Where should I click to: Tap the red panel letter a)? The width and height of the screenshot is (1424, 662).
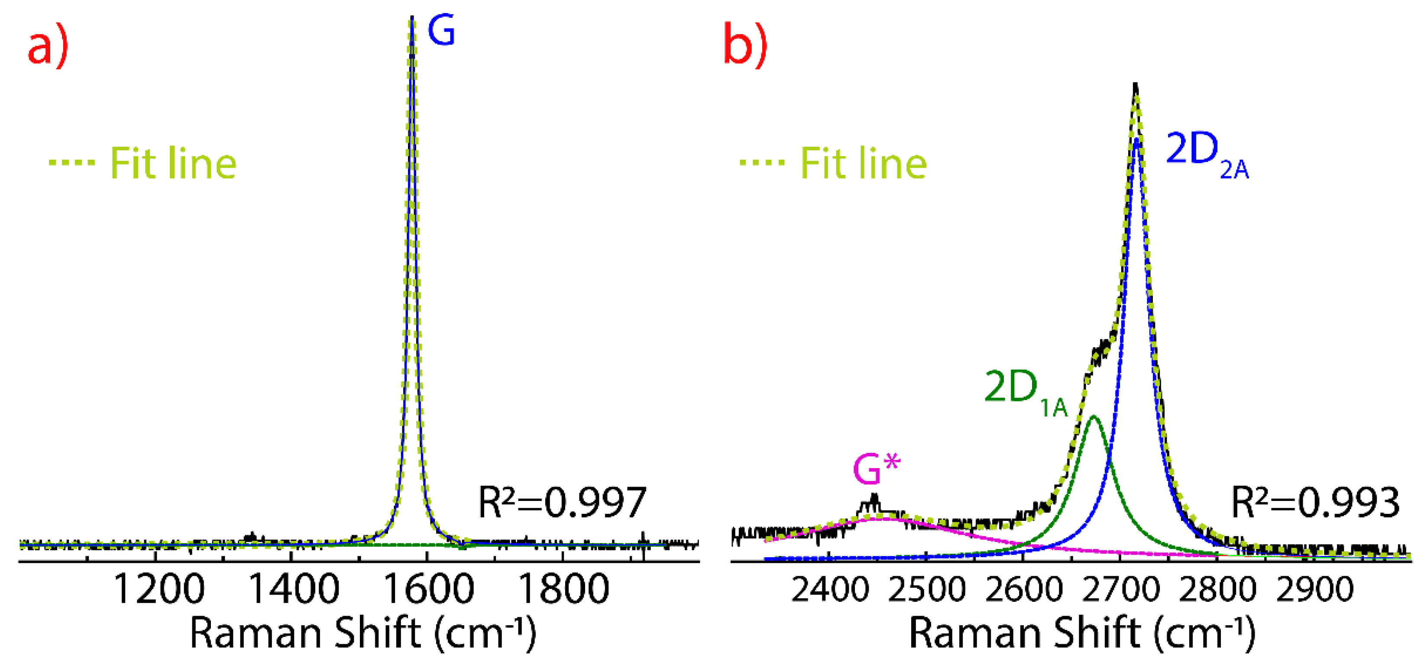49,46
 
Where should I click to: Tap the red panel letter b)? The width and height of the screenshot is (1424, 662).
745,46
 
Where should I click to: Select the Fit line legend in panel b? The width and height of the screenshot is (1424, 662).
834,164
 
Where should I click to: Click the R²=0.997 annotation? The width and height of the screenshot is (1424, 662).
562,502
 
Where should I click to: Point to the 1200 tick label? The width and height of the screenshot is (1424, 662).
159,590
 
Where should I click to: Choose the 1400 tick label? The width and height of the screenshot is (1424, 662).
294,590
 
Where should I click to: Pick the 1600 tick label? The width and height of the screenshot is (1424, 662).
428,590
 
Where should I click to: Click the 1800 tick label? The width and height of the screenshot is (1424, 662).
563,590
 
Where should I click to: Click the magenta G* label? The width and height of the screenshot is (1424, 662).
877,469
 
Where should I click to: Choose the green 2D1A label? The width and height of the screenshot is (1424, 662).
1026,392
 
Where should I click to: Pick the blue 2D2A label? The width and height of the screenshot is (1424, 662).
1207,155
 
